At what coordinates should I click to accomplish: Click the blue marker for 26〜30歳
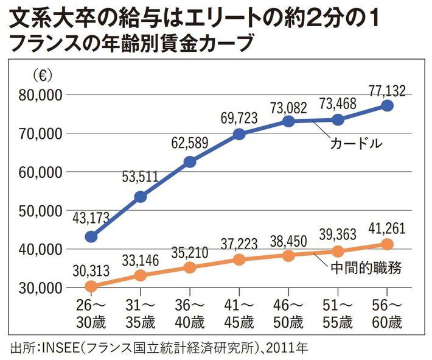tap(91, 236)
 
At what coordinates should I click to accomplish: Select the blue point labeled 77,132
tap(388, 105)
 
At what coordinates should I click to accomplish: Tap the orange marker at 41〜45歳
tap(239, 259)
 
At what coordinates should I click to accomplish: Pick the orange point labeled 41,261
tap(388, 244)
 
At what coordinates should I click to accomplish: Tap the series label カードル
tap(356, 144)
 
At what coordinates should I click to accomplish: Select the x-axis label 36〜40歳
tap(190, 312)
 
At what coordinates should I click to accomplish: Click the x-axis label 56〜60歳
tap(387, 312)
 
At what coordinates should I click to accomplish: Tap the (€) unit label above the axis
tap(42, 76)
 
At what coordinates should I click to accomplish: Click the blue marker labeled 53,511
tap(141, 196)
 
